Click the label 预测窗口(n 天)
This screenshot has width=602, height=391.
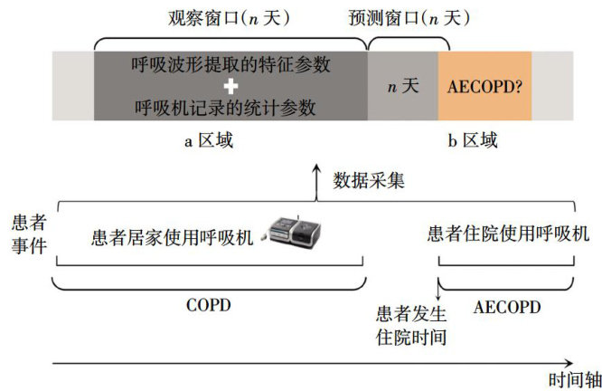[412, 18]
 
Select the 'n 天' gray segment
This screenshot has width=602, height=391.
[402, 87]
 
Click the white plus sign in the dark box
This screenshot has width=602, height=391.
[230, 87]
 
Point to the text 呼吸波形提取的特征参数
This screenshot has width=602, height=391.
[230, 65]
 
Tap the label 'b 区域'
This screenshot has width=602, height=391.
[473, 141]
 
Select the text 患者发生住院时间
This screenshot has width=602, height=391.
[411, 327]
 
